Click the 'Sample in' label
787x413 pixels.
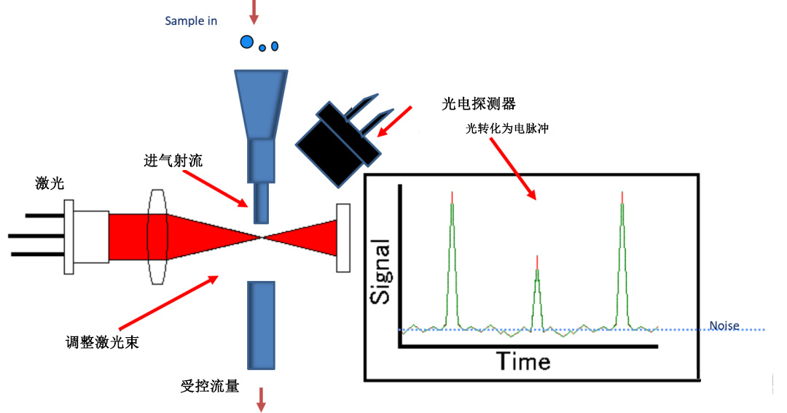tap(191, 21)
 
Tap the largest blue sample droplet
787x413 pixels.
tap(247, 42)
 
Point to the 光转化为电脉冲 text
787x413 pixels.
tap(506, 129)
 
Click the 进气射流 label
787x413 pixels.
tap(173, 161)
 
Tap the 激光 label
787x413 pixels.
tap(50, 184)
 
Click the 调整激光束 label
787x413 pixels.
tap(102, 341)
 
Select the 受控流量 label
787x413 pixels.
tap(209, 385)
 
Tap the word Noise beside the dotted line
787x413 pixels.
tap(724, 326)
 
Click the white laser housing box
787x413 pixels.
tap(92, 236)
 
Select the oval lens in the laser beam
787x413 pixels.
tap(157, 237)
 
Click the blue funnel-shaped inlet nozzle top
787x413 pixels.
tap(262, 102)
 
